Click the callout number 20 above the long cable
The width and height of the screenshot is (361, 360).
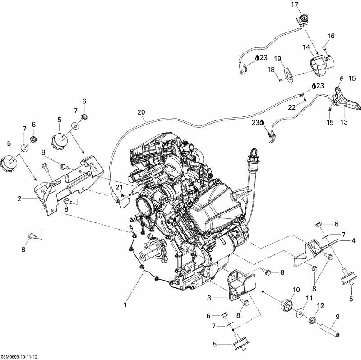point(141,111)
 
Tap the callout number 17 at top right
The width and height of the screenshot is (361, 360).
point(295,5)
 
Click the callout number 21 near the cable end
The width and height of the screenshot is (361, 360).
point(119,187)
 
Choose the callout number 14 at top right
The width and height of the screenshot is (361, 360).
point(306,47)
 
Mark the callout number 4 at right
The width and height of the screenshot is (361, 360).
point(353,240)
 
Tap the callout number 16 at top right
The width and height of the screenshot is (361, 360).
point(331,36)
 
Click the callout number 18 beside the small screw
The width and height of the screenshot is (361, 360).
point(271,69)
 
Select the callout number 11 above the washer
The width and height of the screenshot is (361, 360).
point(309,298)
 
